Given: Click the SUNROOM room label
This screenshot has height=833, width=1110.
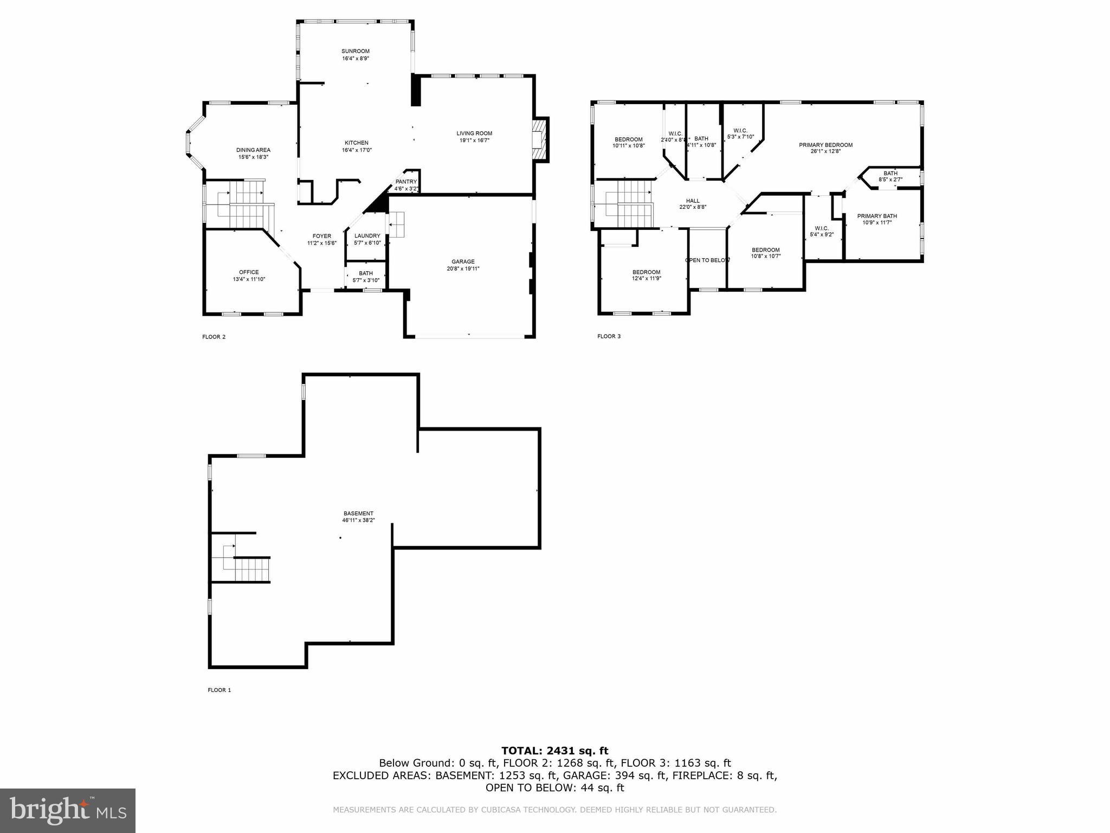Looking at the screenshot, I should click(356, 52).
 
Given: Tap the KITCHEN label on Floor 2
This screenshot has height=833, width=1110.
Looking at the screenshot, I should click(356, 143).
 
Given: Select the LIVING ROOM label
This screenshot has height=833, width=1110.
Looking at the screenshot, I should click(474, 133).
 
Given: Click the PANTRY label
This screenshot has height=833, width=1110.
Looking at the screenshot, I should click(406, 182).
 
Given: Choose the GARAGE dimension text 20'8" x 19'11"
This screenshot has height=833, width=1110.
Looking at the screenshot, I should click(463, 268).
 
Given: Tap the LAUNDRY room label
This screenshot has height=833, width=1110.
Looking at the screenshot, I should click(367, 236).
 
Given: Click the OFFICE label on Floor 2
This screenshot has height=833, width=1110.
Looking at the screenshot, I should click(249, 272).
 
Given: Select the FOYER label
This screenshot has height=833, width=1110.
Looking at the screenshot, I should click(321, 236).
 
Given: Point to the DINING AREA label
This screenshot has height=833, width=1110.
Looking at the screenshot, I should click(253, 150).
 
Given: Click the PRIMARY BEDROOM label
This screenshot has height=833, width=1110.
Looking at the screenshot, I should click(825, 145).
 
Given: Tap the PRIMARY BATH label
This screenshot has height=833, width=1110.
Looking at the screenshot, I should click(877, 216).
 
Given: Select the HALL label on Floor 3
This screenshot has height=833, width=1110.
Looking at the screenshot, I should click(693, 201).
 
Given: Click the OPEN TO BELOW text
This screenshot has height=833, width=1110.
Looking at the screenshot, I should click(707, 260).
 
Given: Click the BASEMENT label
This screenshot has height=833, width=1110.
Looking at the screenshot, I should click(358, 514).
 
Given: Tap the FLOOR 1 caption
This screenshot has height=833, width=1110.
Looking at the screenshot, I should click(220, 690).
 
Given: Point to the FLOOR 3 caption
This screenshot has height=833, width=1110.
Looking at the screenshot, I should click(609, 336).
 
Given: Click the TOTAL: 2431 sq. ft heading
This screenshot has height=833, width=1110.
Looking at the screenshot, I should click(554, 751).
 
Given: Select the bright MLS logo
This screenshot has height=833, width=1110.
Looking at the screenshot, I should click(68, 811).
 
